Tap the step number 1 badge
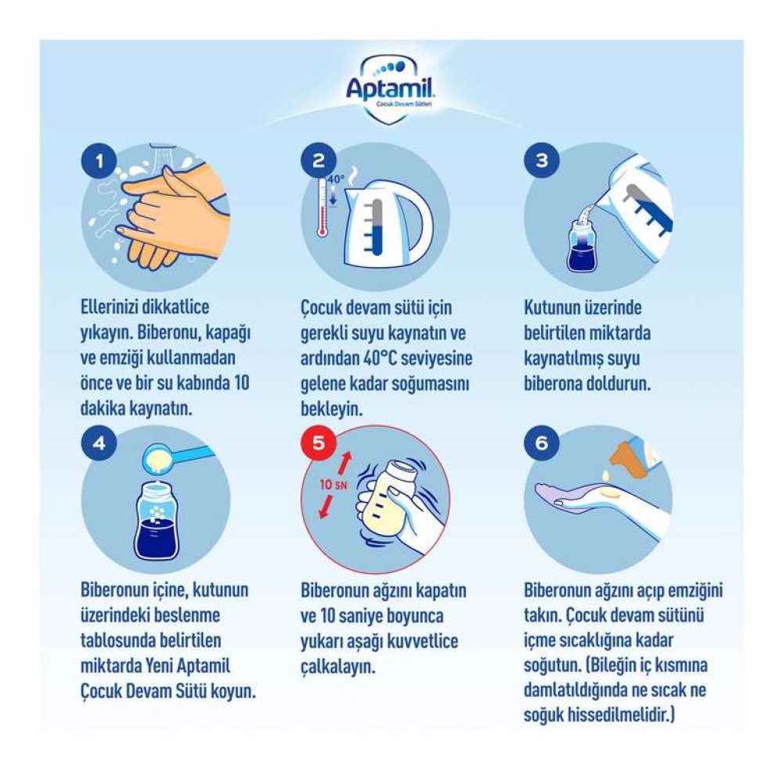(99, 161)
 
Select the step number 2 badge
(319, 161)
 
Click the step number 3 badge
(542, 161)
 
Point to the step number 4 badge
(99, 443)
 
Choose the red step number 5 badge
(319, 443)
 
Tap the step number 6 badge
(542, 443)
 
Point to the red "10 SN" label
(334, 484)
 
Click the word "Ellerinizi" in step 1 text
(110, 307)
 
